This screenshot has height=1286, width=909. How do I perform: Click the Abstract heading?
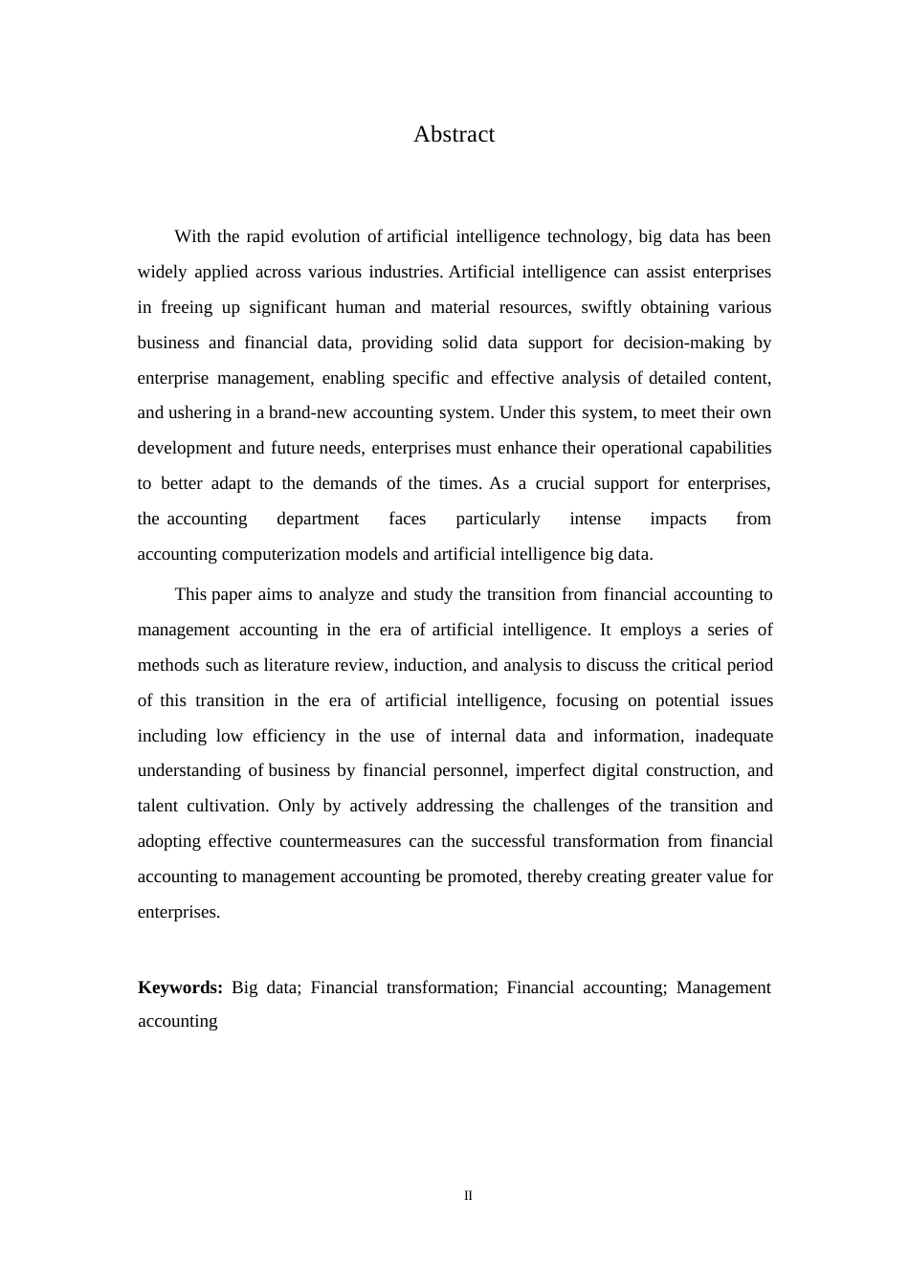454,135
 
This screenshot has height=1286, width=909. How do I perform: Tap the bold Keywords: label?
180,987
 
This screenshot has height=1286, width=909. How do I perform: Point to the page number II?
468,1196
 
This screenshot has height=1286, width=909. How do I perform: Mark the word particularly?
498,519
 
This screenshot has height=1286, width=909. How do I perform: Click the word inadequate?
733,736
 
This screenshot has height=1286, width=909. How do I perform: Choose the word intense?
595,519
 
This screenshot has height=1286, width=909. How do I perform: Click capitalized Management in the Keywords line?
722,987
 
